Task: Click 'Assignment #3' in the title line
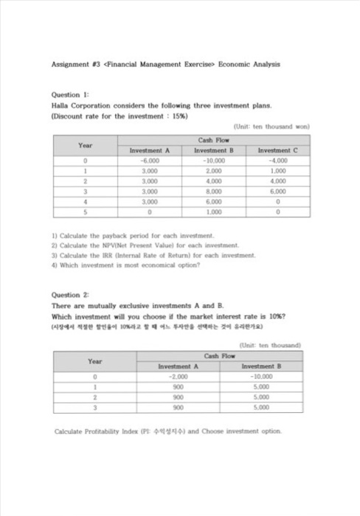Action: pos(76,64)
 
